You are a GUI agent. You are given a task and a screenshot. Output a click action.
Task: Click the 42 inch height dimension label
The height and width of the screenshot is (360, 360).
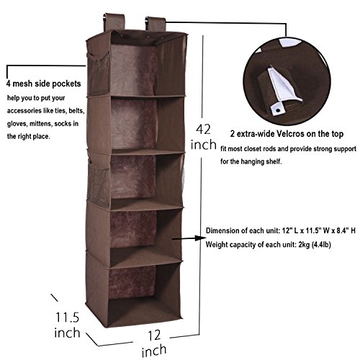(204, 137)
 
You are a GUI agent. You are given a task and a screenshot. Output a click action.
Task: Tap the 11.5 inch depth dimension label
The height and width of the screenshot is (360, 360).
(67, 325)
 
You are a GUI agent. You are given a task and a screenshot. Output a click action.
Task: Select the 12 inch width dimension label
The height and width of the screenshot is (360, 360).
(154, 343)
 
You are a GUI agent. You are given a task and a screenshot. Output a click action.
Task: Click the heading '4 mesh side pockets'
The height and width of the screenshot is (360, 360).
(43, 84)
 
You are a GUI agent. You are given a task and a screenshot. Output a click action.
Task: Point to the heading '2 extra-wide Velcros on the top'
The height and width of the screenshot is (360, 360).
(287, 134)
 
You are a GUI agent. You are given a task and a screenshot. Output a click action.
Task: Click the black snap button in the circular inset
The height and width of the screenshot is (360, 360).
(278, 110)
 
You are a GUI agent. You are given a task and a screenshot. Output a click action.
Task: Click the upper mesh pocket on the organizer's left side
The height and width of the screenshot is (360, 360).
(98, 73)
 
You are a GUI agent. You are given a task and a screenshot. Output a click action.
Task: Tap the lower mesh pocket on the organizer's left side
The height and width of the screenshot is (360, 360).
(99, 184)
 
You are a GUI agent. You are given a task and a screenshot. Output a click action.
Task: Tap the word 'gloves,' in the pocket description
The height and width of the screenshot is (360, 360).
(17, 124)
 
